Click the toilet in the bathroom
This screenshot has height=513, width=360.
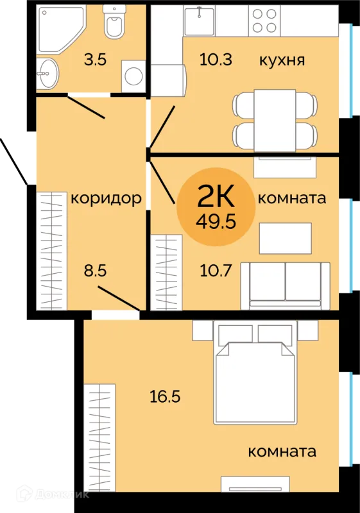[x=114, y=21]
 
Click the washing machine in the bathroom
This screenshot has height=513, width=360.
[x=133, y=76]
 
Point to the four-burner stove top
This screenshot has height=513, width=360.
[x=264, y=21]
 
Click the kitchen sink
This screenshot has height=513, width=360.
[x=200, y=21]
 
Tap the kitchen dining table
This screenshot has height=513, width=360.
[x=275, y=121]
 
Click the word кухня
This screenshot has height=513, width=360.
[x=282, y=60]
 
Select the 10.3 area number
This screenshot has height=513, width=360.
[x=216, y=60]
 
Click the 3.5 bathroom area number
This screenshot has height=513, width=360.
[x=95, y=60]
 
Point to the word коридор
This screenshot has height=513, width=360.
[x=107, y=199]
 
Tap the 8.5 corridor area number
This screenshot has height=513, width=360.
[x=95, y=271]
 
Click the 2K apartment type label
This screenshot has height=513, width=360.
[x=216, y=196]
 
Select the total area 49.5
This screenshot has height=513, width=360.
[x=216, y=222]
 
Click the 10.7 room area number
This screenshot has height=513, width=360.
[x=216, y=271]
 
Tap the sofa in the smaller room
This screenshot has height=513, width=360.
[x=286, y=285]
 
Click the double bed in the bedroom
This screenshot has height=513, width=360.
[x=255, y=373]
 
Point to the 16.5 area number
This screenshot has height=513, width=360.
[x=165, y=396]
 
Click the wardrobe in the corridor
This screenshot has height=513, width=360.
[x=51, y=251]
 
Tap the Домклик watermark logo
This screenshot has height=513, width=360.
[x=53, y=494]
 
